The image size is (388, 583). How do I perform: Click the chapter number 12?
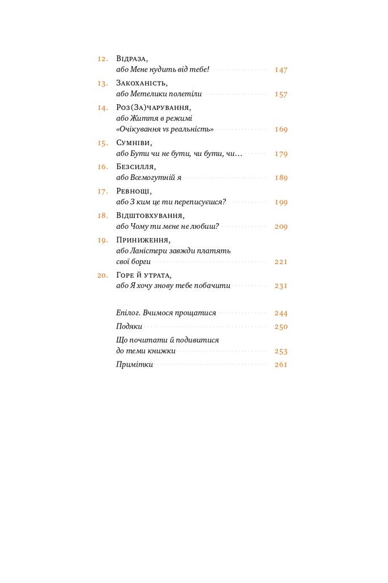[x=102, y=59]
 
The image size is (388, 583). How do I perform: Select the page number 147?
[x=281, y=69]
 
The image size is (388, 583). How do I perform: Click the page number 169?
[x=281, y=129]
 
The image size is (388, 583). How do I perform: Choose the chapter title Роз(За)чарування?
[x=153, y=108]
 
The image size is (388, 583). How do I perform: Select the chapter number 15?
[x=102, y=143]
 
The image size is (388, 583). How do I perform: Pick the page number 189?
[x=281, y=178]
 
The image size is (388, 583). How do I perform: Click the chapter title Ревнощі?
[x=134, y=191]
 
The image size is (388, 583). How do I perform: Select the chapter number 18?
[x=102, y=216]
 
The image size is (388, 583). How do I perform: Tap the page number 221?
[x=281, y=262]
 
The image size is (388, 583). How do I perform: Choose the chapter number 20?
[x=102, y=275]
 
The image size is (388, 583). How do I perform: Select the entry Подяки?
[x=129, y=327]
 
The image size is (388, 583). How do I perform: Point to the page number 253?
[x=281, y=351]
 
